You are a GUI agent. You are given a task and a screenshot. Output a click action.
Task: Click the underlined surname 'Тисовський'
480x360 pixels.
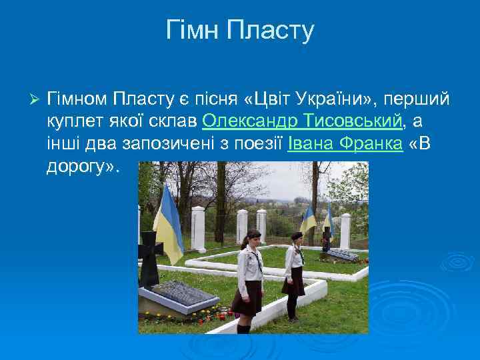(353, 121)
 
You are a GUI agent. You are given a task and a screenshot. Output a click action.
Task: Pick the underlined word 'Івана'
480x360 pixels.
(310, 144)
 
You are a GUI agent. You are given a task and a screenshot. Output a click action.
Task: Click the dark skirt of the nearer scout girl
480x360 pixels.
(247, 297)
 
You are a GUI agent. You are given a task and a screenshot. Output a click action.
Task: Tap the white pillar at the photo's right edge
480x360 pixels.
(345, 230)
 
